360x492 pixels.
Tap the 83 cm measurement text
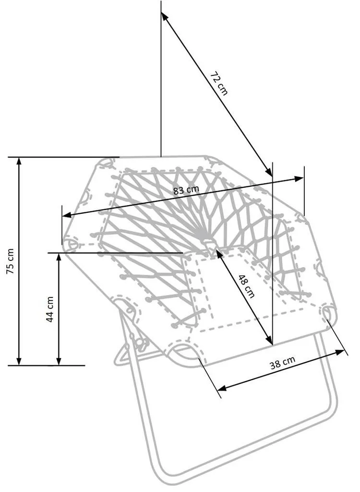186,190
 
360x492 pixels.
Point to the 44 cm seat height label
50,308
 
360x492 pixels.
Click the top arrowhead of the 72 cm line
164,15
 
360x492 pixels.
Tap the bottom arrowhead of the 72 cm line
269,173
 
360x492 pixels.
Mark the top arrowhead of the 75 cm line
19,160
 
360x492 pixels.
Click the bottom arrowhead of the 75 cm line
19,361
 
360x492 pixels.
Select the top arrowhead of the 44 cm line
59,256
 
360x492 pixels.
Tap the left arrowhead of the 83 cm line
66,215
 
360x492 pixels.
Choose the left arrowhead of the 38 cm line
221,387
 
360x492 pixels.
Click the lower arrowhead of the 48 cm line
269,341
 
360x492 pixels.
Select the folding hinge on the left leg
140,343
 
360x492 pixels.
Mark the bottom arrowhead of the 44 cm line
59,361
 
